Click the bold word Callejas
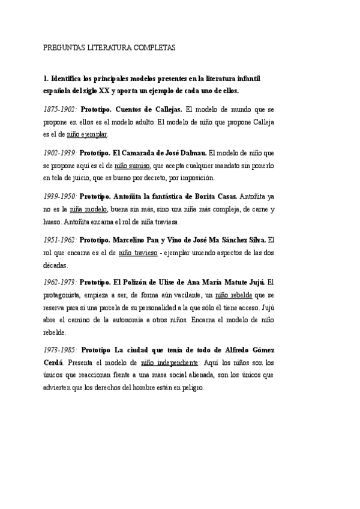[x=166, y=110]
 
